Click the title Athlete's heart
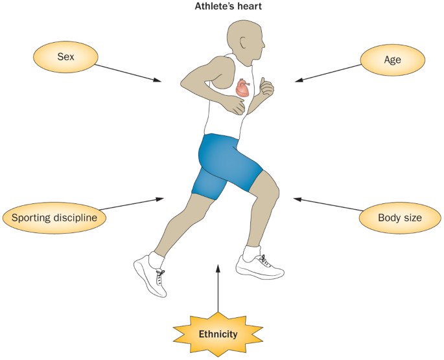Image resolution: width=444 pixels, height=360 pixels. [222, 8]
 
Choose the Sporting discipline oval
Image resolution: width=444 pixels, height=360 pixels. [54, 218]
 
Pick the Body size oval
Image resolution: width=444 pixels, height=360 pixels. [399, 218]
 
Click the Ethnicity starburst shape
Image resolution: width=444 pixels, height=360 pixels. [218, 335]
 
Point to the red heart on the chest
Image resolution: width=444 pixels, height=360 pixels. [242, 89]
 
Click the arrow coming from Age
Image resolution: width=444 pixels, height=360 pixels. [328, 71]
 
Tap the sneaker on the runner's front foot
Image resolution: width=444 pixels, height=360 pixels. [259, 265]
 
